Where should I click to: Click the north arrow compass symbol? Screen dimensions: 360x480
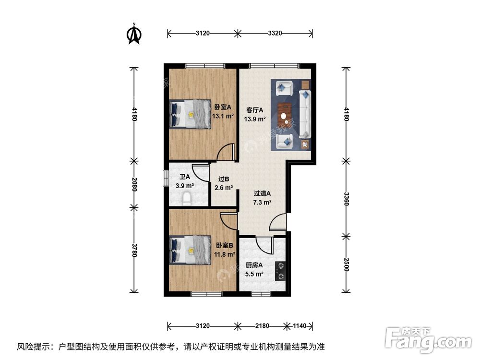(135, 34)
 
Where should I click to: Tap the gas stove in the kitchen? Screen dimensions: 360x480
(280, 271)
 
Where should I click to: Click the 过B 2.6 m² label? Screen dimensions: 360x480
(223, 183)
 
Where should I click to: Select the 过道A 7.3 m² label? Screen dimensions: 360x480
(262, 198)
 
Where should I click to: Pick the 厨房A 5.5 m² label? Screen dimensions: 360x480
(254, 270)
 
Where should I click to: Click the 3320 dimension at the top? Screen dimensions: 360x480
(275, 34)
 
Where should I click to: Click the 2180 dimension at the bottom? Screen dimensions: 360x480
(262, 326)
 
